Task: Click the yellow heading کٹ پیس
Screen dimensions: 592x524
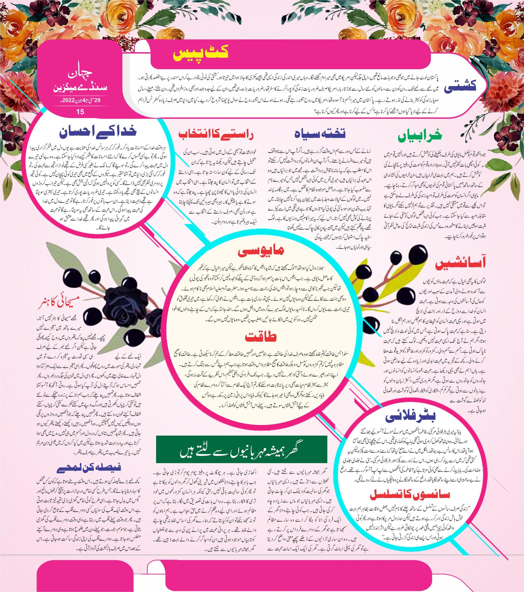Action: pyautogui.click(x=201, y=54)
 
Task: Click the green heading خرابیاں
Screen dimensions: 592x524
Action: pyautogui.click(x=420, y=136)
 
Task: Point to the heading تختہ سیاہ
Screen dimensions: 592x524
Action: pyautogui.click(x=320, y=133)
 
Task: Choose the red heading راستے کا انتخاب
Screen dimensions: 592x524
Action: pyautogui.click(x=216, y=134)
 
